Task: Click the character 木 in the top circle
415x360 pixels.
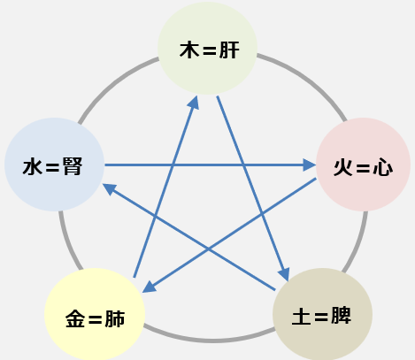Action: [189, 50]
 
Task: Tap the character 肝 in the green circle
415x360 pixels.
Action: [229, 50]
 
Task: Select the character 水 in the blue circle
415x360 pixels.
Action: [33, 167]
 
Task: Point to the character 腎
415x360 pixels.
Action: [73, 166]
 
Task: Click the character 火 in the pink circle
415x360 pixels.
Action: [343, 168]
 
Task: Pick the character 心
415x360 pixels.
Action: [383, 168]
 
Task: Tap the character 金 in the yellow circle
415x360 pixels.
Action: [75, 318]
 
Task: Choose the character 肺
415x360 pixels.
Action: [115, 318]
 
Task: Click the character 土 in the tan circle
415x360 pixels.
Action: [301, 316]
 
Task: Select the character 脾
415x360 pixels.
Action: [342, 316]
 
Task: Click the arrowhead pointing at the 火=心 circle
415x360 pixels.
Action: [310, 165]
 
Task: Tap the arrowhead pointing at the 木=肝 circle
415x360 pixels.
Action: [194, 102]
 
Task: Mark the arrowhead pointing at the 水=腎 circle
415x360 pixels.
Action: [110, 188]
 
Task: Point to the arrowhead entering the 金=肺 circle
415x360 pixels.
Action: [149, 287]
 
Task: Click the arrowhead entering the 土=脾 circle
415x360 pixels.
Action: [284, 274]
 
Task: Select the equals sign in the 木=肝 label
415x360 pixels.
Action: [210, 51]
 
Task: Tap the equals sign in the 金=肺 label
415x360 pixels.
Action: [95, 320]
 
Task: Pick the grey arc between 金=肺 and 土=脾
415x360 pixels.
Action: [210, 340]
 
